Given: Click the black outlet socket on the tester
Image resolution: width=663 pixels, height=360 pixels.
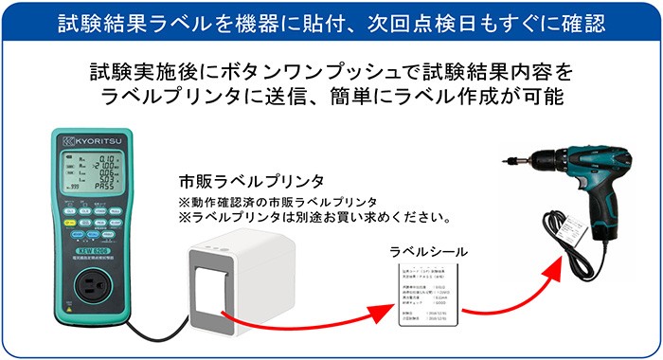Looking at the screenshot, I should (91, 277).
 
